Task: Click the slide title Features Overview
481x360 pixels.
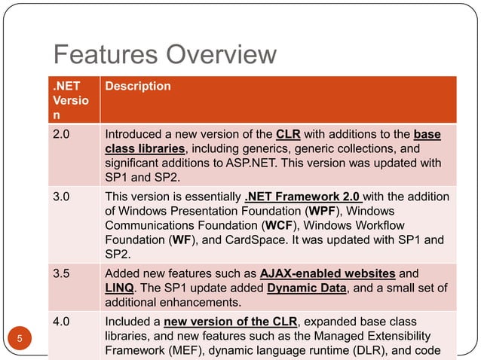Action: click(x=165, y=55)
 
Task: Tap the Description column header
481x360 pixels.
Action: click(x=138, y=87)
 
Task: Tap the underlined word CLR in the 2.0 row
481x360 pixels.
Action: click(x=289, y=135)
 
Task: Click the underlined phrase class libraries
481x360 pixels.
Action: click(x=145, y=149)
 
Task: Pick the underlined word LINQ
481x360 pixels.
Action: click(x=120, y=288)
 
